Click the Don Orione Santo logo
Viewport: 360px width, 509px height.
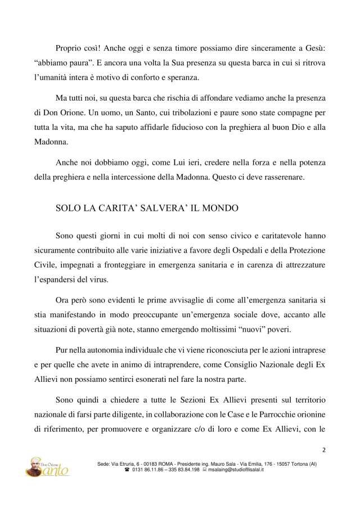pyautogui.click(x=49, y=467)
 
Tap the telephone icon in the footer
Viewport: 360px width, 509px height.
pyautogui.click(x=127, y=470)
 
